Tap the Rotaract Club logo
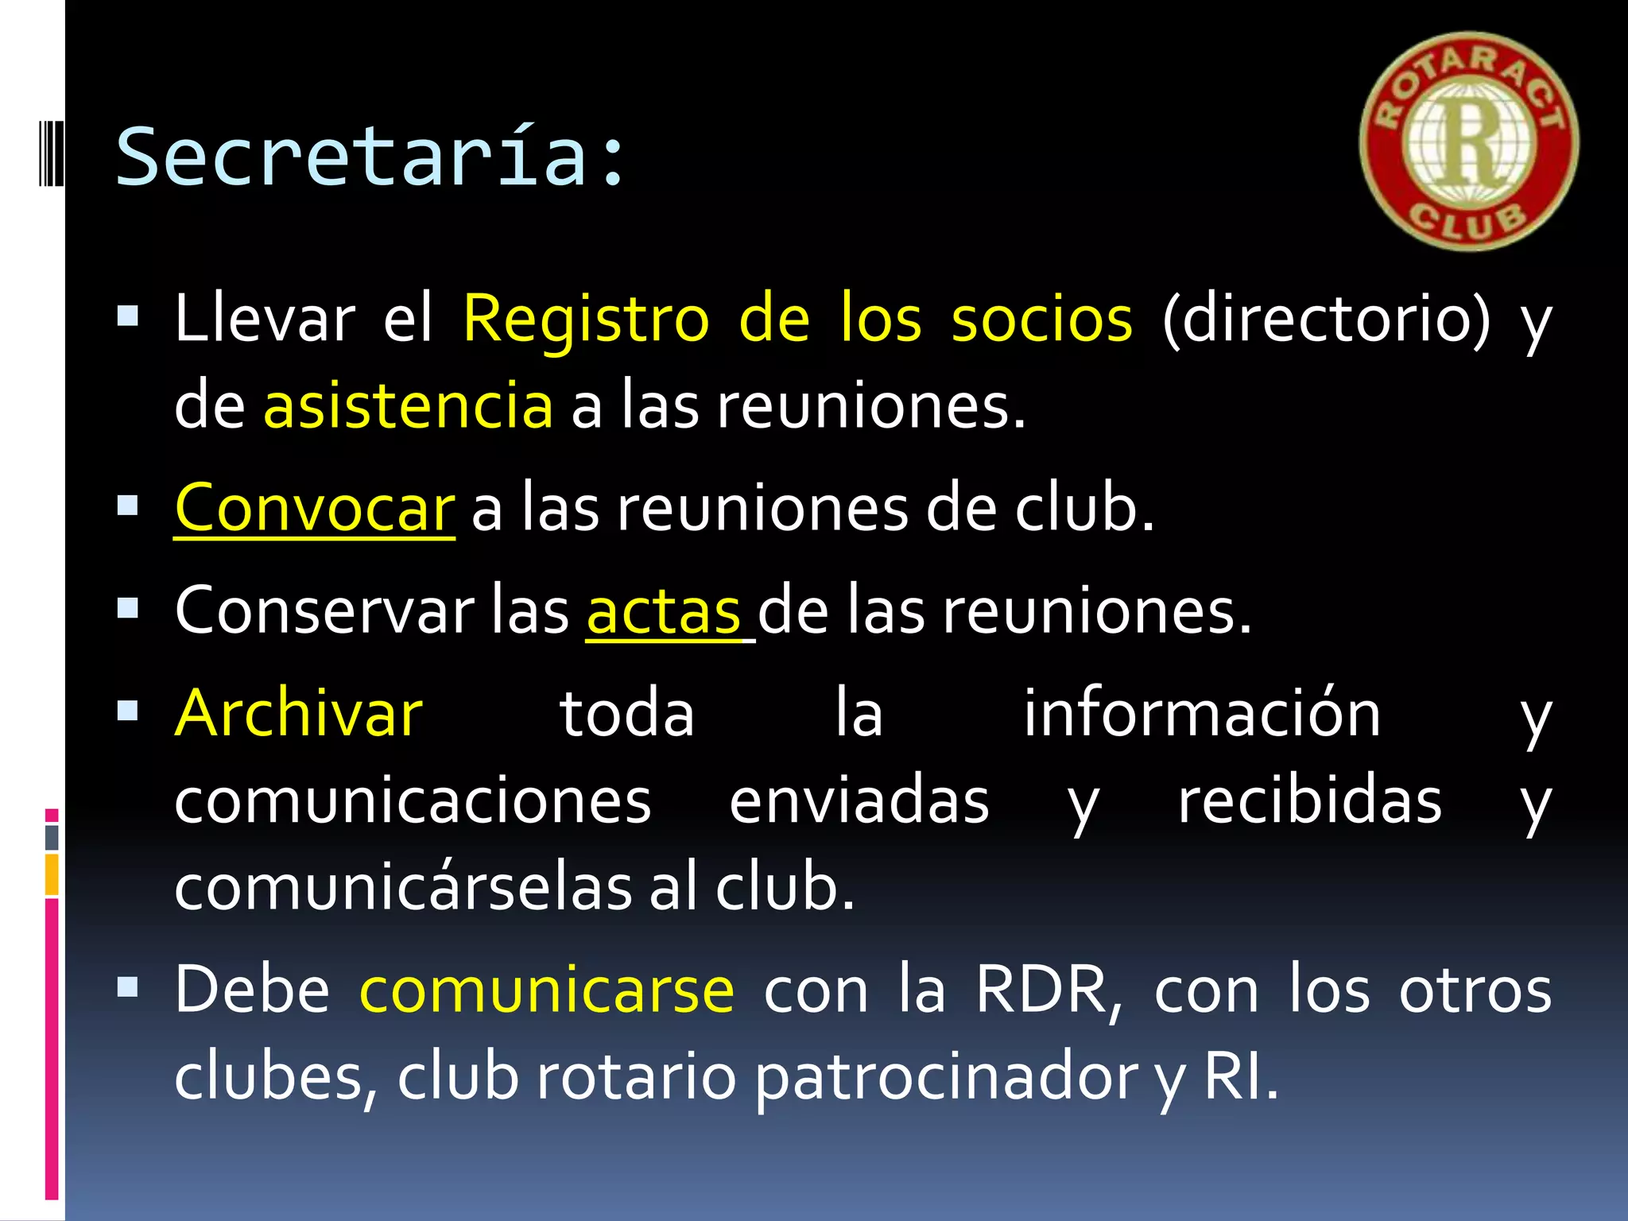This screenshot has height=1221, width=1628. click(x=1469, y=141)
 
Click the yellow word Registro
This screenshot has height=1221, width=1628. click(x=586, y=320)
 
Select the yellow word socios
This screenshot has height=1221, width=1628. click(x=1041, y=320)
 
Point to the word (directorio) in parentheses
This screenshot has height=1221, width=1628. click(x=1326, y=320)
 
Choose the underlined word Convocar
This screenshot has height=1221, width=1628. click(x=315, y=509)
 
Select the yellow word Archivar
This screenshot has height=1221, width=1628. click(x=299, y=714)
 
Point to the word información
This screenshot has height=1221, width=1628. click(x=1202, y=714)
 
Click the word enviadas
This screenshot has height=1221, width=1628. click(x=859, y=801)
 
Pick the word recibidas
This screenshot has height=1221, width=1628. click(x=1310, y=801)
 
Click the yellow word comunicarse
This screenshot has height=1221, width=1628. click(x=547, y=990)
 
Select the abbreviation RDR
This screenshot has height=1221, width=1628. click(x=1048, y=990)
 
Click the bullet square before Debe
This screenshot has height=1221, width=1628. click(x=127, y=988)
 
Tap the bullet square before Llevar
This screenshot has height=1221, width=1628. click(x=127, y=317)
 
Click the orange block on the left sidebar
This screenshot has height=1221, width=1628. click(x=52, y=874)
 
